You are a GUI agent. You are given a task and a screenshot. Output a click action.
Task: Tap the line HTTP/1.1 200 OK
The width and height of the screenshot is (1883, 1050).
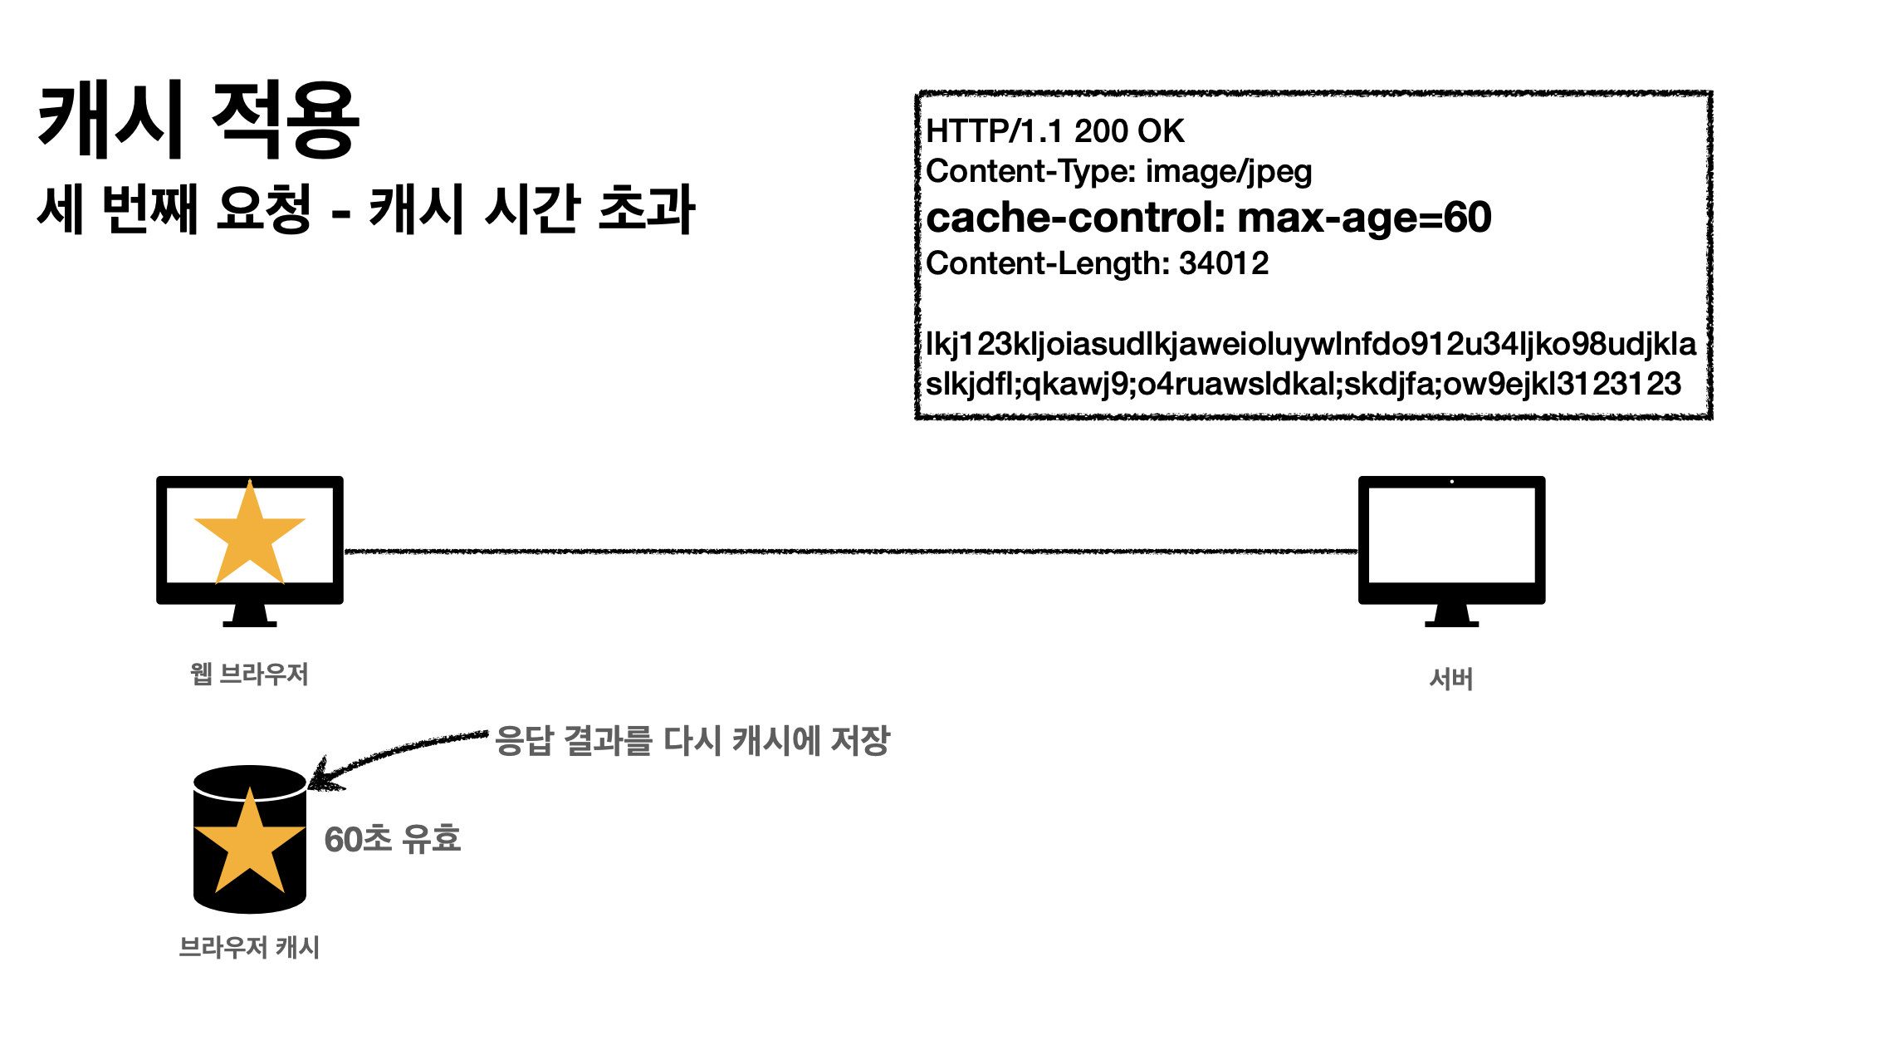(x=1054, y=131)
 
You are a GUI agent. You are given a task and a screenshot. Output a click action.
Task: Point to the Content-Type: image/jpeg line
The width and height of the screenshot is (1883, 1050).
(x=1118, y=172)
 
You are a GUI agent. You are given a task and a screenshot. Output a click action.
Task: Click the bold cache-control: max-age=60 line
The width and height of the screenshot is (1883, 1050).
(x=1208, y=218)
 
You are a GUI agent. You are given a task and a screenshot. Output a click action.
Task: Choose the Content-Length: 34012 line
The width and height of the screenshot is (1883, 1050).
(x=1097, y=263)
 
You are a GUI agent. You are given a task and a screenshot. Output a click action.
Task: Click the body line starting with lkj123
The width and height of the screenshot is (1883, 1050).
(x=1310, y=344)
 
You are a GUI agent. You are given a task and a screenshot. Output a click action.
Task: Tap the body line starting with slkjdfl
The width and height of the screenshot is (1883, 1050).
(x=1303, y=384)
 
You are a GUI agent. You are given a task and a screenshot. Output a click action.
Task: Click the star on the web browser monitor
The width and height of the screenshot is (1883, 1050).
(x=249, y=536)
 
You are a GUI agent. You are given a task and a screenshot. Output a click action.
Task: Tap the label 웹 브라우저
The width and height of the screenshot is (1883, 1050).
(x=249, y=674)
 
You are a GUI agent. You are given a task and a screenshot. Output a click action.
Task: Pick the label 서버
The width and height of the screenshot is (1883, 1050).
(x=1451, y=680)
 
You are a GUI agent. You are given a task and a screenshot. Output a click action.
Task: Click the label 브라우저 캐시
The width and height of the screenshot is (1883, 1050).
(x=249, y=947)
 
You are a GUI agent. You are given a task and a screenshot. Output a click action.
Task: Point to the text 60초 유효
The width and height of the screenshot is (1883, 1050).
(x=392, y=839)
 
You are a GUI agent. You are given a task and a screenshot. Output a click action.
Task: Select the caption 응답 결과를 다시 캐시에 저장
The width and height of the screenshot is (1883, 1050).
(x=692, y=740)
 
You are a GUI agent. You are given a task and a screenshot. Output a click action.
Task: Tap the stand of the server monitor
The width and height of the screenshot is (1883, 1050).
(x=1451, y=616)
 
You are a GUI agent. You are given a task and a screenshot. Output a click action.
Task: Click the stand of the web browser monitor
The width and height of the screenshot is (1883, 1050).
(x=249, y=616)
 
